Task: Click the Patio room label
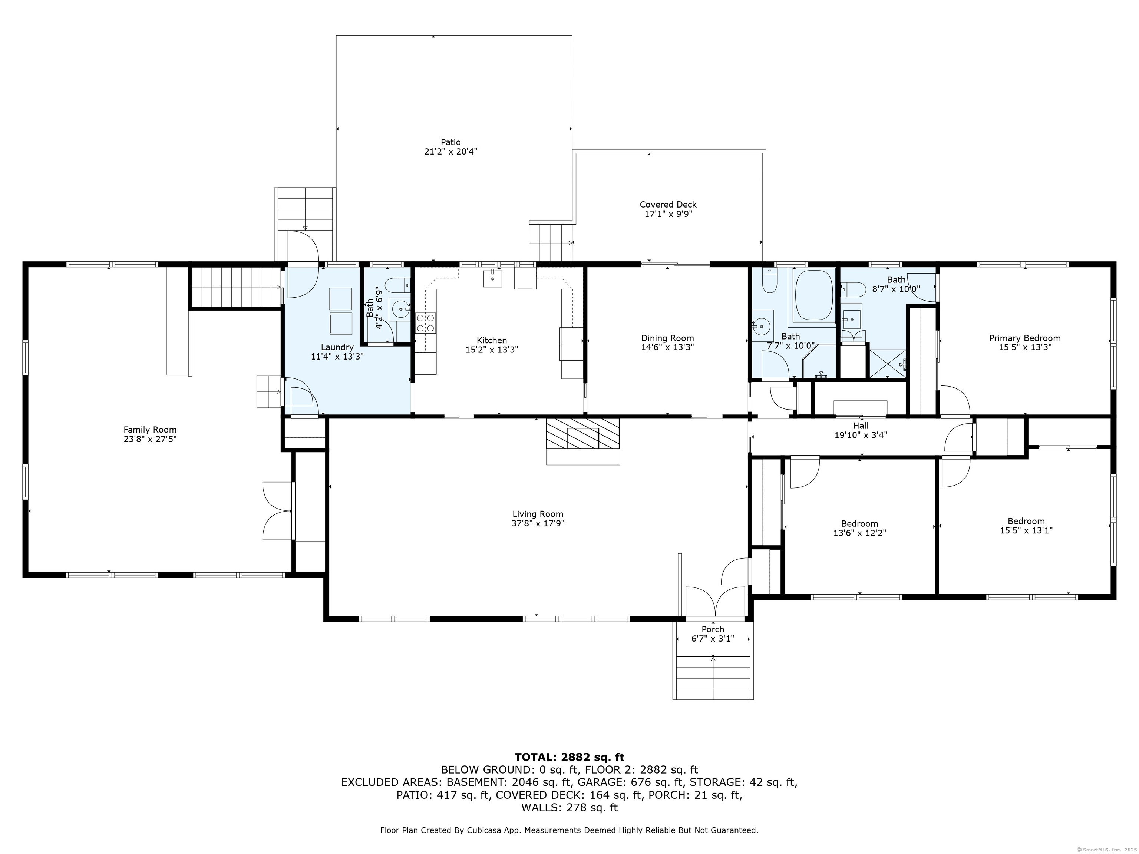point(450,142)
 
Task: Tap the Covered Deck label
point(668,204)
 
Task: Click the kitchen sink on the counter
point(493,278)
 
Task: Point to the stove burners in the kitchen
point(426,323)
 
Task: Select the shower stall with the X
point(888,363)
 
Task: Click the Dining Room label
point(667,338)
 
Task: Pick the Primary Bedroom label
point(1025,338)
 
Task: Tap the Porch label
point(713,629)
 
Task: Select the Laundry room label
point(337,347)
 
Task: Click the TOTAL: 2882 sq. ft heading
point(569,757)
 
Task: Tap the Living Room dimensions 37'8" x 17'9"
point(538,523)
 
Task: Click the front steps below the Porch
point(713,678)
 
